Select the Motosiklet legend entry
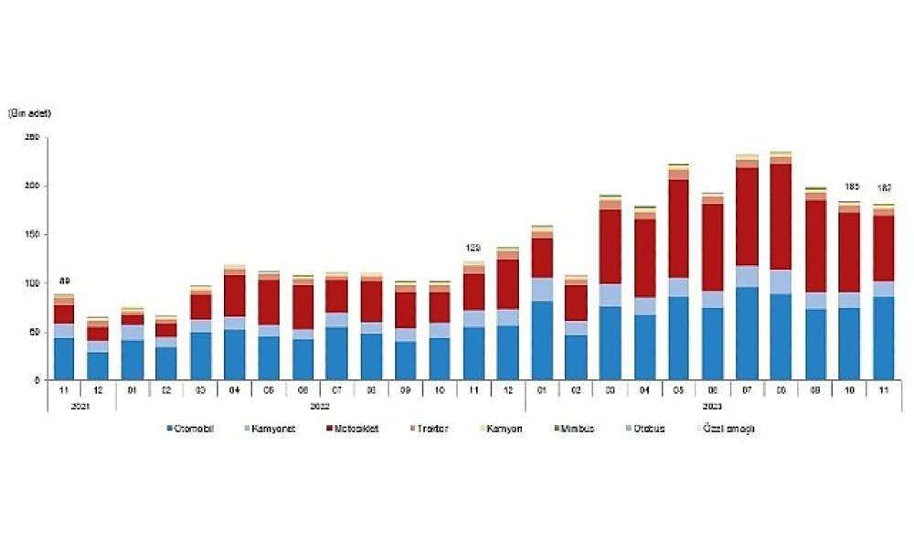pos(355,429)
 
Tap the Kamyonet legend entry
pos(271,429)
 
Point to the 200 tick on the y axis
pos(32,186)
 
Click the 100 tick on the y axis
pos(32,283)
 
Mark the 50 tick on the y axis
pos(34,332)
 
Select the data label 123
pos(473,248)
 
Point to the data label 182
pos(884,188)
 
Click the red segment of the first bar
pos(64,314)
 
